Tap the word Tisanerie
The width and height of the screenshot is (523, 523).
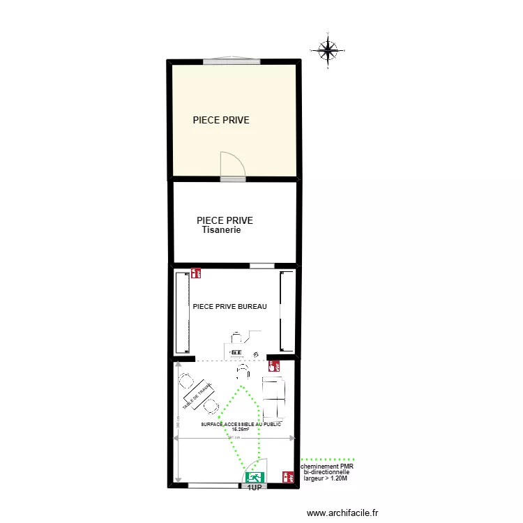[221, 230]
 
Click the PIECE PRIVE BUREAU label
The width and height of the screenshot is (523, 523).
[229, 306]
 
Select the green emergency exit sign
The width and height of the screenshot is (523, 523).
[255, 477]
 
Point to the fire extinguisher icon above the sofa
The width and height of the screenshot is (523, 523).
[275, 365]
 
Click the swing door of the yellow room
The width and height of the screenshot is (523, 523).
[232, 165]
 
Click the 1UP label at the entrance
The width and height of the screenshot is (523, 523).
[255, 488]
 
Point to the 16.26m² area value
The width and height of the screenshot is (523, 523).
[241, 430]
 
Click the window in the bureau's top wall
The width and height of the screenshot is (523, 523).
[261, 266]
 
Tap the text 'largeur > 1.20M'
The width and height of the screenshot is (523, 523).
[326, 479]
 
